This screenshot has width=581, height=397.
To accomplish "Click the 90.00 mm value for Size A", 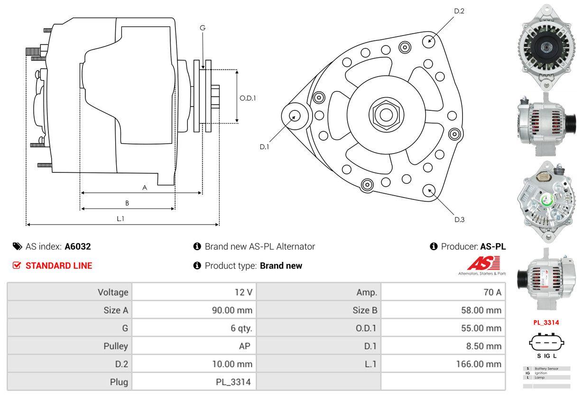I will pos(232,310).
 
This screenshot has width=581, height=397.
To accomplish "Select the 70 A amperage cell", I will pos(492,292).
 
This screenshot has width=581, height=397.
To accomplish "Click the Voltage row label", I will pos(113,292).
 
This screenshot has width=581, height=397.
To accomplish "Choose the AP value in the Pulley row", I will pos(245,346).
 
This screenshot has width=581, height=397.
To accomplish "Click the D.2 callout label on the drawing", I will pos(459,11).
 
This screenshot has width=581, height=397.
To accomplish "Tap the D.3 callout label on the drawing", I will pos(459,219).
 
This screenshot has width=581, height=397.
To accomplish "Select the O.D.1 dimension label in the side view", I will pos(248,99).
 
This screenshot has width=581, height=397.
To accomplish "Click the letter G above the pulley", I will pos(203,28).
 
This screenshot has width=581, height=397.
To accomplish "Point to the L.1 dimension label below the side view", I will pos(120,218).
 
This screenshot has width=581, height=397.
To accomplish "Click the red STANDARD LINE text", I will pos(59,266).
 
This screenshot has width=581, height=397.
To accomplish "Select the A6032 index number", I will pos(77,246).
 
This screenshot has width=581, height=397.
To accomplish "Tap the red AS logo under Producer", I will pos(483,263).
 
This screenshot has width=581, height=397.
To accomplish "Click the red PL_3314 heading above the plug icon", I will pos(546,323).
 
